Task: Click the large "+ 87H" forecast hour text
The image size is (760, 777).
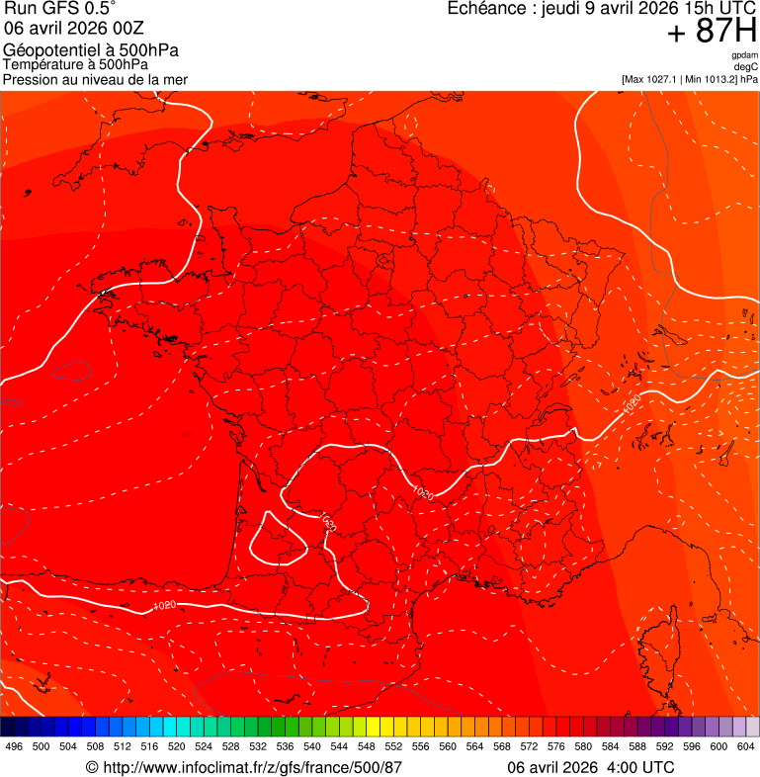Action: click(712, 32)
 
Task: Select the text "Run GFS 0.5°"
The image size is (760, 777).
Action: click(60, 10)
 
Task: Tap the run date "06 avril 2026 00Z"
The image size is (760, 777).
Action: click(75, 29)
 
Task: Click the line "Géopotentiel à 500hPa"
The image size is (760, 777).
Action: click(91, 50)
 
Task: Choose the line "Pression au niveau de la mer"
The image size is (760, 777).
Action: click(95, 79)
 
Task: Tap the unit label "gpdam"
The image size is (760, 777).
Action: click(744, 55)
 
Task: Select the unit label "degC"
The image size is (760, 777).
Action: click(746, 66)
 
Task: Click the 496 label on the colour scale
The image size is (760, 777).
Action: click(14, 746)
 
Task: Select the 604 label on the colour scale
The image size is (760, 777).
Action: click(745, 746)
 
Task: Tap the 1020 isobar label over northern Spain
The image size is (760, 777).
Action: click(165, 605)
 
